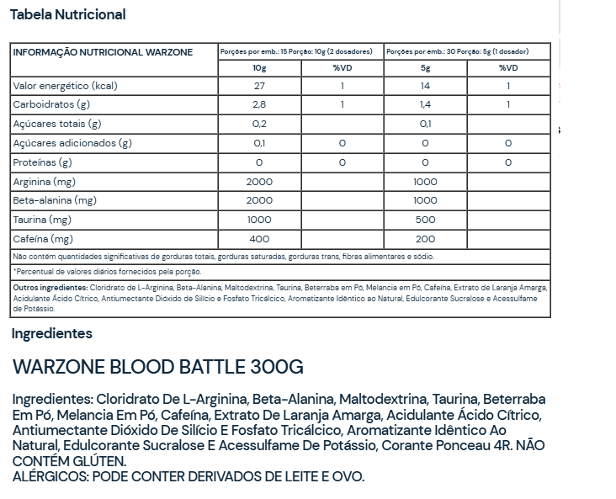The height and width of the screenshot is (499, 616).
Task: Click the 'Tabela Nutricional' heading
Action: click(x=67, y=14)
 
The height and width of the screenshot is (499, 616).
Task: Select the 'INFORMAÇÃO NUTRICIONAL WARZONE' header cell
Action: click(x=103, y=52)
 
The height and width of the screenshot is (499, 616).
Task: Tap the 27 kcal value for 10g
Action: click(x=259, y=87)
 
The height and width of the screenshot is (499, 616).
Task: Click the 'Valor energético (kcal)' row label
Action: click(x=64, y=87)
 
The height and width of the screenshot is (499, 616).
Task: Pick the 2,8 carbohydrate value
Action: click(x=259, y=105)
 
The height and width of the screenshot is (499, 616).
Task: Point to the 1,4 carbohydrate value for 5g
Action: click(x=425, y=105)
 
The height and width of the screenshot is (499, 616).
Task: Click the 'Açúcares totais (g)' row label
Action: click(x=57, y=124)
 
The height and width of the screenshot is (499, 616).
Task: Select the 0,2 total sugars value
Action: click(x=259, y=124)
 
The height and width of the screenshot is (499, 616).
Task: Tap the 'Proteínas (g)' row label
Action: click(x=43, y=162)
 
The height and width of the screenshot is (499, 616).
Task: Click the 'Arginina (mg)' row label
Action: click(x=45, y=182)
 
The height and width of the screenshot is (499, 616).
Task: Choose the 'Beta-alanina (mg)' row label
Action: click(x=55, y=200)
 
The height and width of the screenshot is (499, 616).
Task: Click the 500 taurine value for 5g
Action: click(x=425, y=220)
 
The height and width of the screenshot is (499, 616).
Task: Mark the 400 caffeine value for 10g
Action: click(x=259, y=238)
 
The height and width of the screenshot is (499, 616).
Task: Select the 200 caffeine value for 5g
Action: click(x=425, y=238)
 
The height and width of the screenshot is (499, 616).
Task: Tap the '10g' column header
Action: click(x=259, y=68)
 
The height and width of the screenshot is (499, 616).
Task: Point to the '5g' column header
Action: click(x=425, y=68)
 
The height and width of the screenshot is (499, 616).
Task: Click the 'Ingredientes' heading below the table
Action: click(x=52, y=333)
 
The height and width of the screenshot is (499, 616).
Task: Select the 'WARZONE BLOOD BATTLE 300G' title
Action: click(x=158, y=368)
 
